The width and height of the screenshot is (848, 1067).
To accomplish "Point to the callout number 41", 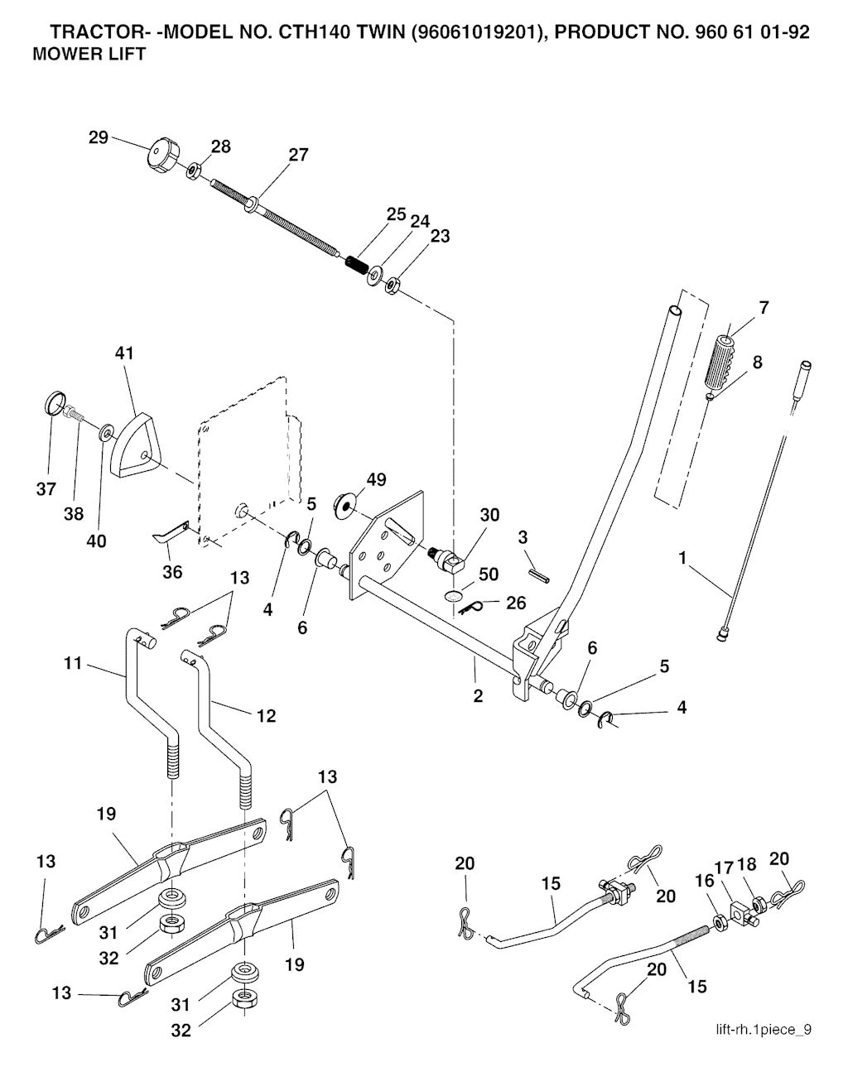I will click(x=124, y=353).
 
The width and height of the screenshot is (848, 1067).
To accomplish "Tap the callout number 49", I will click(x=376, y=480).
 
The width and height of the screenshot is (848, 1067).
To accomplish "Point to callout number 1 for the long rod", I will click(x=682, y=559).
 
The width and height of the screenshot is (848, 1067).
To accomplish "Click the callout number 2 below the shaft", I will click(x=478, y=695).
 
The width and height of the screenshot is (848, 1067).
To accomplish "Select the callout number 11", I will click(x=74, y=663).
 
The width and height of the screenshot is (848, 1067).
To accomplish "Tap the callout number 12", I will click(x=266, y=715).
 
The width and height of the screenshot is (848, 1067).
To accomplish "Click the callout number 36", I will click(x=171, y=572).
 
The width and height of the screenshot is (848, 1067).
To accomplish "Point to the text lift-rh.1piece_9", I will click(x=764, y=1031).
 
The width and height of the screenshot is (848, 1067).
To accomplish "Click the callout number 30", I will click(x=489, y=515).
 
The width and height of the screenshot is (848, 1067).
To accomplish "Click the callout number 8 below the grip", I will click(x=757, y=362).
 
